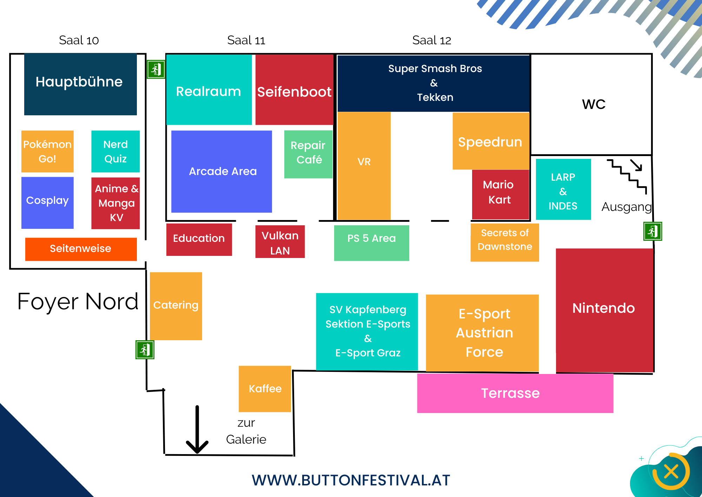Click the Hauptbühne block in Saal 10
tap(80, 84)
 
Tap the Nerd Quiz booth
tap(115, 151)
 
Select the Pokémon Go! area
tap(47, 151)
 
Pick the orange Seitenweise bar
tap(81, 249)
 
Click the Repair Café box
tap(308, 154)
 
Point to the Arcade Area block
tap(221, 172)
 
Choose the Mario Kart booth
tap(500, 194)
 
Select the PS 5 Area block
tap(371, 243)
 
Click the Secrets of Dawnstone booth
tap(504, 243)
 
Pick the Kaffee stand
tap(265, 389)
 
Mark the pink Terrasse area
tap(515, 393)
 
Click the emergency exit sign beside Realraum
tap(156, 69)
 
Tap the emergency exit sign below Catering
tap(145, 350)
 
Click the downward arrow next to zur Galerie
tap(197, 431)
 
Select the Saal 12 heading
tap(431, 40)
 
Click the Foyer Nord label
tap(78, 302)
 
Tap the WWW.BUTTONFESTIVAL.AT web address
tap(351, 480)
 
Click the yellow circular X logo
tap(671, 471)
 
